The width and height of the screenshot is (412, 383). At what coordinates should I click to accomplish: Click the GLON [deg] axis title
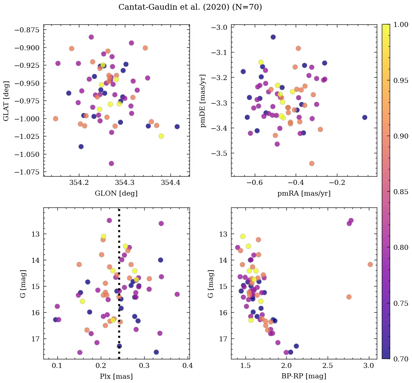click(x=116, y=193)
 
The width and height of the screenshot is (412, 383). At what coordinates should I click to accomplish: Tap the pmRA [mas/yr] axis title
click(x=304, y=193)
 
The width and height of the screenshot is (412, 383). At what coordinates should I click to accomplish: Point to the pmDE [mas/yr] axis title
click(x=203, y=101)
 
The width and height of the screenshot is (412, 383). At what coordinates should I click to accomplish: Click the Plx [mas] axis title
click(x=116, y=377)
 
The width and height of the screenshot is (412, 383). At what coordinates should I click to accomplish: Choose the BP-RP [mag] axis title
click(x=304, y=377)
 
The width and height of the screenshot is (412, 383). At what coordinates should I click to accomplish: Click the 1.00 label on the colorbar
click(x=401, y=24)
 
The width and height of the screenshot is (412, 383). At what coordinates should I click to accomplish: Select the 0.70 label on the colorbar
click(x=401, y=359)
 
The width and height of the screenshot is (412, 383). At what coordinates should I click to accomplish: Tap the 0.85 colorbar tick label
click(x=401, y=192)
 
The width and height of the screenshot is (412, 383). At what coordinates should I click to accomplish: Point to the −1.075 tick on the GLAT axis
click(x=27, y=172)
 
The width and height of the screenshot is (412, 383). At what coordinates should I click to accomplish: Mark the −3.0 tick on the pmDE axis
click(x=219, y=28)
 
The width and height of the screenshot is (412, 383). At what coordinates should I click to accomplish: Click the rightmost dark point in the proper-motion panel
click(x=365, y=117)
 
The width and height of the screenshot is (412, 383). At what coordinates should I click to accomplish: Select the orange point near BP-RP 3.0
click(x=370, y=265)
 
